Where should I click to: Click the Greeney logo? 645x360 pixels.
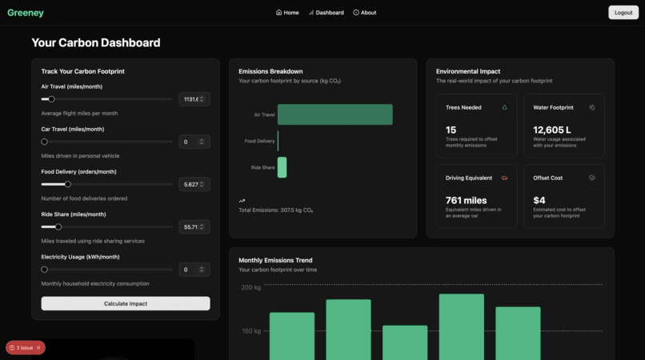(x=26, y=13)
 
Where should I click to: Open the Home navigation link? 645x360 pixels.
(x=287, y=13)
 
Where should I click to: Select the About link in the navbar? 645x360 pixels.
(x=365, y=13)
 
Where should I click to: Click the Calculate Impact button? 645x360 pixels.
(x=126, y=303)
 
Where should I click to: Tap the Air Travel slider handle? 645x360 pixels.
(x=51, y=99)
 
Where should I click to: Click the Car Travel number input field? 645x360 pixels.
(x=193, y=142)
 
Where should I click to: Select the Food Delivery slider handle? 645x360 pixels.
(x=68, y=184)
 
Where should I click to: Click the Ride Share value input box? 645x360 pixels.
(x=193, y=226)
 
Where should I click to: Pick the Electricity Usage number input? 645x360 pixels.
(x=193, y=270)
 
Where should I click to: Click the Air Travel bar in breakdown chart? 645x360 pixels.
(x=335, y=114)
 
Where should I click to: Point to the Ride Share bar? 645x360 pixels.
(x=282, y=167)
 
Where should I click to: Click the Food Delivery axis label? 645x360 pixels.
(x=259, y=141)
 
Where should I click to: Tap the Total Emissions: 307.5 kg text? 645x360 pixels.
(x=276, y=210)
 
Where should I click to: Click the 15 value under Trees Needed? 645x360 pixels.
(x=451, y=130)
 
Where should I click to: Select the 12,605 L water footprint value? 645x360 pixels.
(x=552, y=130)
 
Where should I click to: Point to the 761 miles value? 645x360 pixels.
(x=466, y=200)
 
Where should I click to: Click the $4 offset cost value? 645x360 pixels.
(x=539, y=200)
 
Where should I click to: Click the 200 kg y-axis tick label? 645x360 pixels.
(x=251, y=287)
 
